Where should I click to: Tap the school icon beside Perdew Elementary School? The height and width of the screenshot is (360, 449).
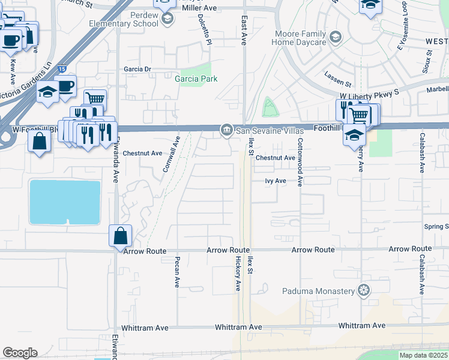(168, 19)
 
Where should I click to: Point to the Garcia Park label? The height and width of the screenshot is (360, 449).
(196, 79)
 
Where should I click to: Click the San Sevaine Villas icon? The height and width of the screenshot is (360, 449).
(226, 130)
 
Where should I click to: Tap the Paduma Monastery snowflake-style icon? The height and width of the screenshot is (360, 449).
(363, 292)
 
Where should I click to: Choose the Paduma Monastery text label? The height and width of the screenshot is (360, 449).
(319, 292)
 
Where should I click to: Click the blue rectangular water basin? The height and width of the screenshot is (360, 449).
(65, 202)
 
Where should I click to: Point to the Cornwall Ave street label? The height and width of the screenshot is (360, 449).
(171, 155)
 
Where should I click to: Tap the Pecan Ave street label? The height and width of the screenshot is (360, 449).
(177, 272)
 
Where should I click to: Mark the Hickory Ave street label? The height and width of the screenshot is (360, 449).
(238, 273)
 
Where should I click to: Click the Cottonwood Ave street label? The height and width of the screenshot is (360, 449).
(299, 163)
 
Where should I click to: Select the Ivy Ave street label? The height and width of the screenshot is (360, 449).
(276, 180)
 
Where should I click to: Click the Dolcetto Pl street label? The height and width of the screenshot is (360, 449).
(204, 29)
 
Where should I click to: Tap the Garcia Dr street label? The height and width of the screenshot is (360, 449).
(137, 69)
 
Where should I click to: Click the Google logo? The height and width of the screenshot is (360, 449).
(20, 352)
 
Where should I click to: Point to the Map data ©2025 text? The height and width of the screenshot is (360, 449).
(423, 355)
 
